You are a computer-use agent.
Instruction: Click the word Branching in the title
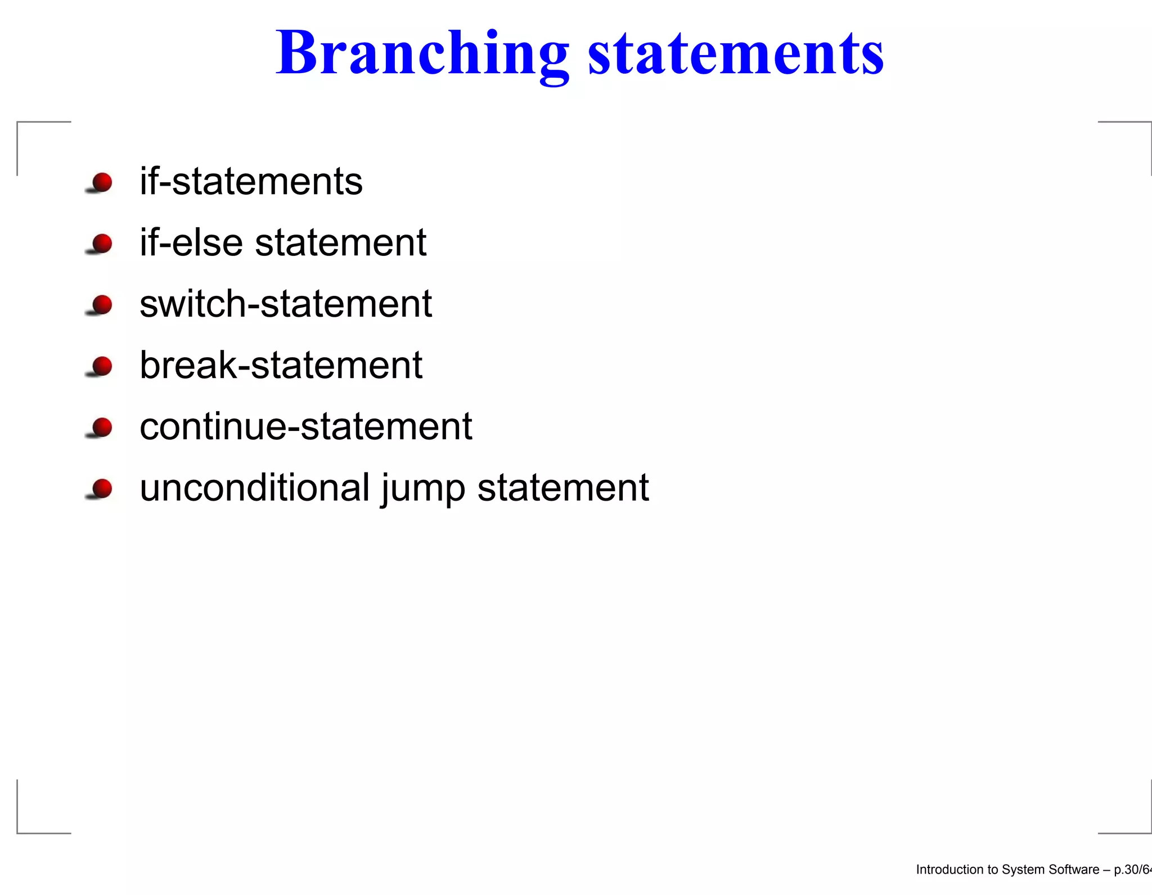click(x=422, y=53)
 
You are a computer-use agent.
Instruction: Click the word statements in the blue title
click(x=736, y=53)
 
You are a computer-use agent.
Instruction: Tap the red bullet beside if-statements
click(x=102, y=182)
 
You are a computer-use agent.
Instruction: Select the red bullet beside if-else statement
click(x=102, y=244)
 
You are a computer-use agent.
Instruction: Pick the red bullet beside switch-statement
click(x=102, y=305)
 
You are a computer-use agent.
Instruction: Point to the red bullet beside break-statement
click(x=102, y=366)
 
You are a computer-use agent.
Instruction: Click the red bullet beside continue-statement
click(x=102, y=428)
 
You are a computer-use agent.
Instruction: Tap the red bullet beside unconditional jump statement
click(x=102, y=488)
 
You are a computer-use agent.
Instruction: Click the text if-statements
click(x=251, y=182)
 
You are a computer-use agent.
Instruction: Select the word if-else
click(x=191, y=243)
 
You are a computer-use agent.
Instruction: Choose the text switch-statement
click(x=286, y=304)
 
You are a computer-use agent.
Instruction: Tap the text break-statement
click(x=281, y=366)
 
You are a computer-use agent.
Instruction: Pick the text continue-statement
click(x=305, y=427)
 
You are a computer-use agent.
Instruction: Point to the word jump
click(x=423, y=489)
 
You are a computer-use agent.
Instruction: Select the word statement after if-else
click(x=341, y=243)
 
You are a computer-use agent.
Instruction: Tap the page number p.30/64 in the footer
click(x=1132, y=870)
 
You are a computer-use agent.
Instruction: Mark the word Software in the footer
click(x=1075, y=870)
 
